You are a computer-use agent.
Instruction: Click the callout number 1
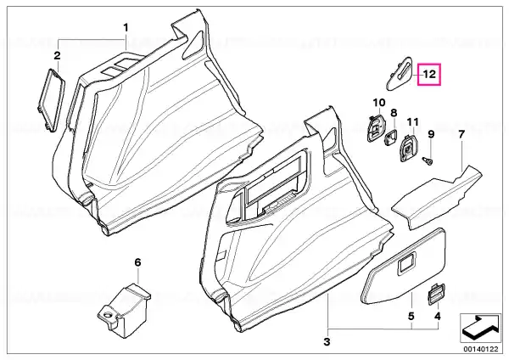[126, 28]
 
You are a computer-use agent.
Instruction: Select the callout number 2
[57, 55]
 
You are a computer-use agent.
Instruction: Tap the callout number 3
[327, 341]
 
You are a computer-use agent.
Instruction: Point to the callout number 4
[438, 316]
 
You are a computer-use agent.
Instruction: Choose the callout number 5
[411, 316]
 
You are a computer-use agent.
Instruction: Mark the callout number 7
[461, 134]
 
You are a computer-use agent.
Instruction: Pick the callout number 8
[394, 113]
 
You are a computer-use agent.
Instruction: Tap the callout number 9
[431, 134]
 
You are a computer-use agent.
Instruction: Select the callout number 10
[379, 103]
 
